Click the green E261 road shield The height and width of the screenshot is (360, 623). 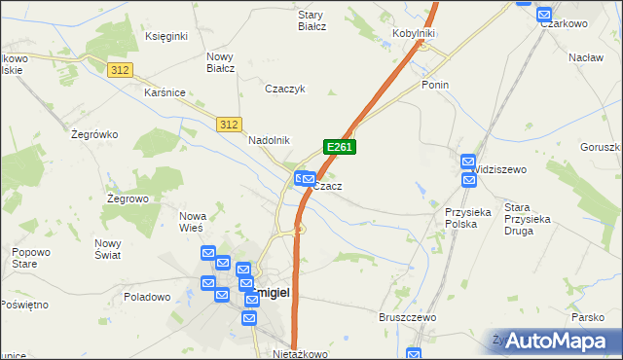pos(339,147)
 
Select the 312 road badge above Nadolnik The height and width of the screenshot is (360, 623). pos(229,125)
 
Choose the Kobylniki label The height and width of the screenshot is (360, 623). pos(413,33)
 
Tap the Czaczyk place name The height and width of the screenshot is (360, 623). pos(286,89)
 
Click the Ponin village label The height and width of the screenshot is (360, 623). pos(434,85)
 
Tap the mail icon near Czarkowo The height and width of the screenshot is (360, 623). pos(544,16)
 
